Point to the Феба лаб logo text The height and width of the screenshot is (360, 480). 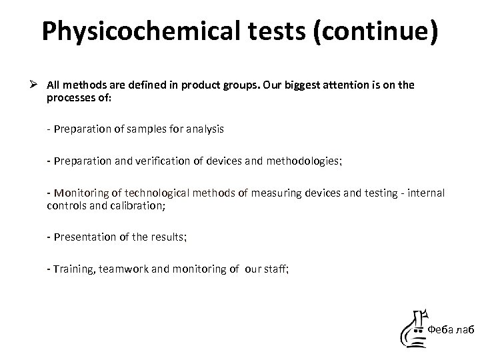(x=451, y=329)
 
